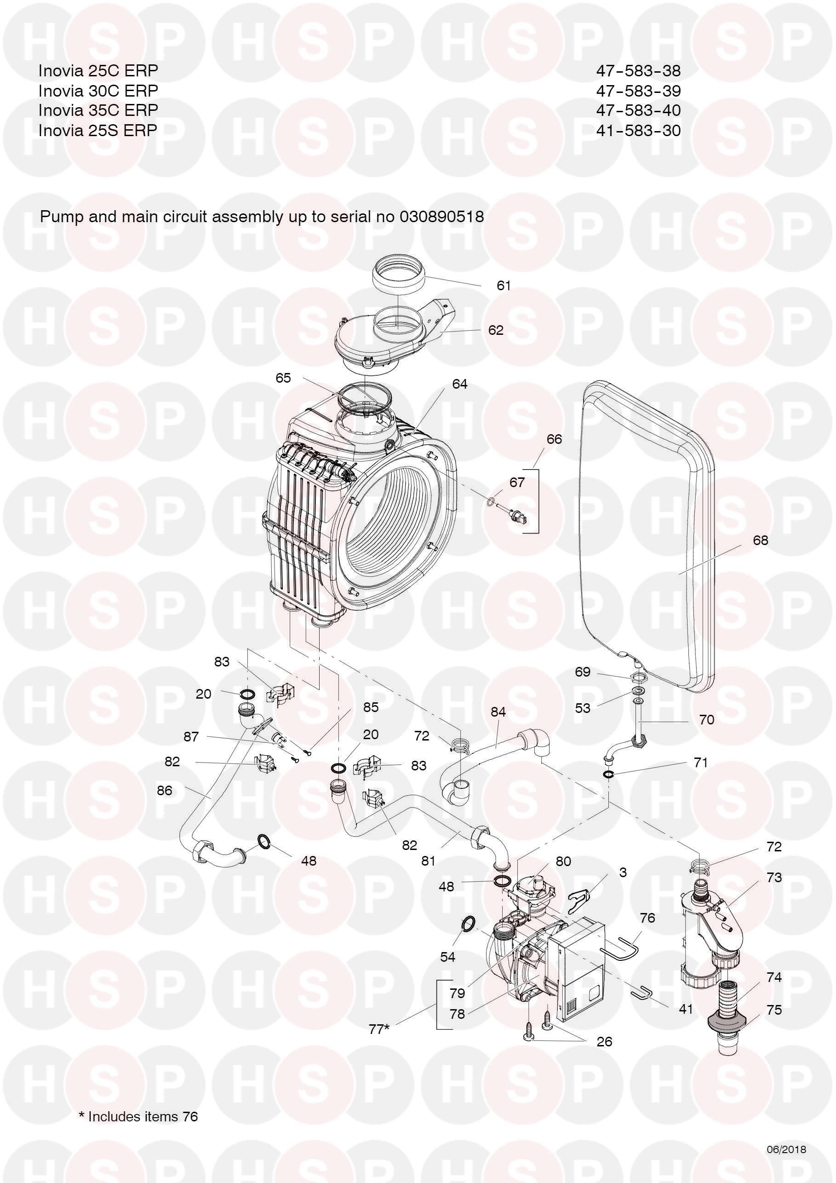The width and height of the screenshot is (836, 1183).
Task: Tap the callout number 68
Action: coord(760,540)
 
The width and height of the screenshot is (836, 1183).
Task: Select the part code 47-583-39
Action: coord(638,91)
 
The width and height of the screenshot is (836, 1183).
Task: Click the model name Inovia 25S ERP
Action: coord(98,130)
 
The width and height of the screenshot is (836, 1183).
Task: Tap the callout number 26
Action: coord(604,1042)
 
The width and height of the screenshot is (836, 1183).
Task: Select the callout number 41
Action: coord(686,1008)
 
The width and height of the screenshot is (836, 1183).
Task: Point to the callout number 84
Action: coord(498,712)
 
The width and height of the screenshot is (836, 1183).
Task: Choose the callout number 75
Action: coord(774,1010)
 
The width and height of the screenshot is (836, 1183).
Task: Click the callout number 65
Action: coord(283,378)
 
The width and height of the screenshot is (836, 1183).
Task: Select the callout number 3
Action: coord(623,873)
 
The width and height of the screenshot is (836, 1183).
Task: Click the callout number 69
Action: coord(583,672)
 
